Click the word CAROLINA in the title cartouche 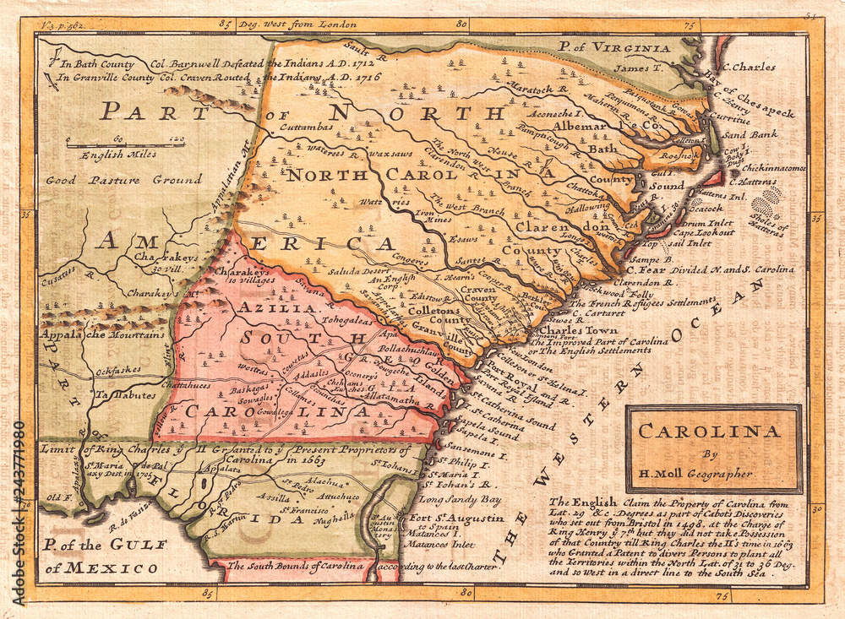pyautogui.click(x=709, y=431)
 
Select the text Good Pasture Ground pyautogui.click(x=123, y=179)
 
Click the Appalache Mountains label pyautogui.click(x=101, y=334)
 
